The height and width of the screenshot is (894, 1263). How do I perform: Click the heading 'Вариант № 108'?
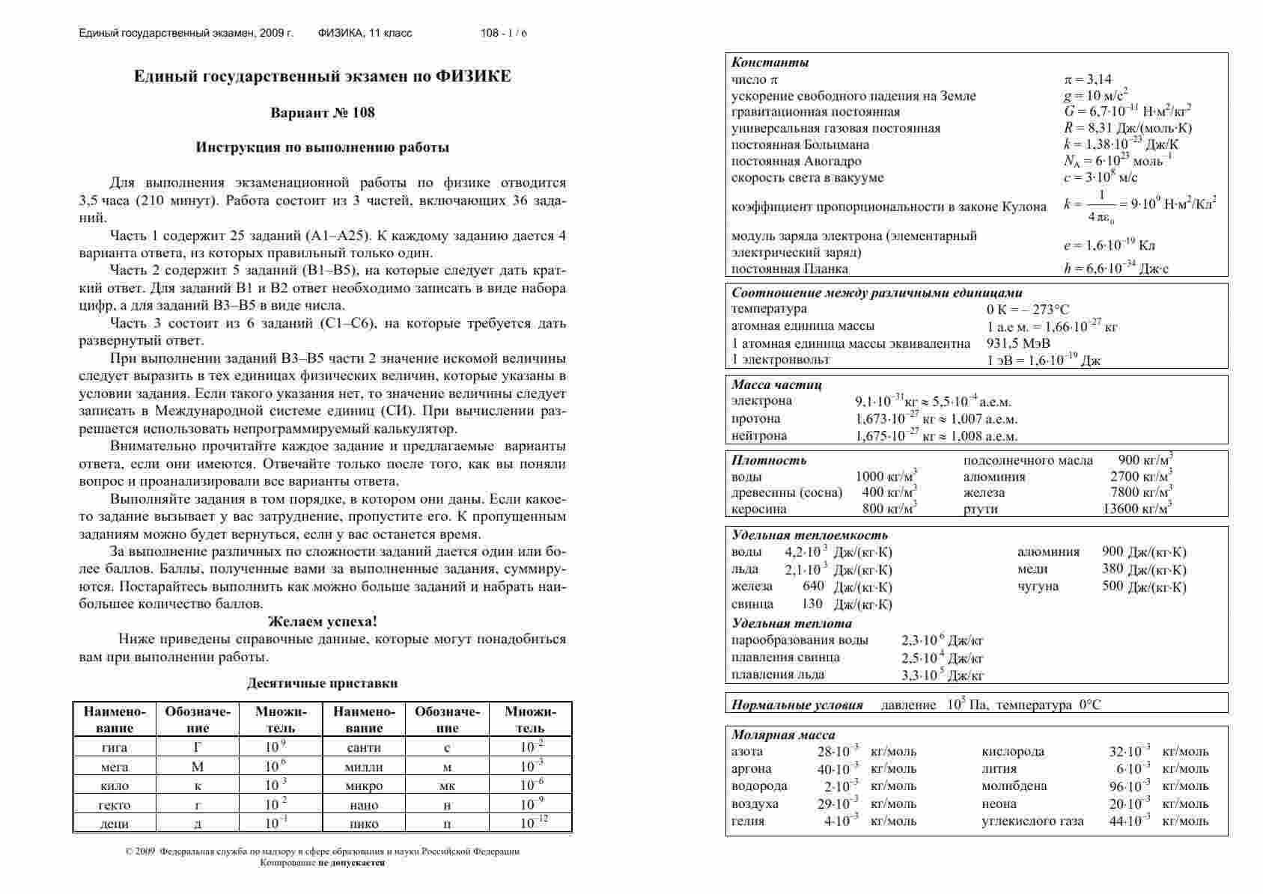322,113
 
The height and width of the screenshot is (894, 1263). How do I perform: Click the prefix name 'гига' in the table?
114,747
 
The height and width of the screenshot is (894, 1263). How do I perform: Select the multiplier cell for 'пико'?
534,823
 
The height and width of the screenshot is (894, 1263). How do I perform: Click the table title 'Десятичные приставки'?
322,683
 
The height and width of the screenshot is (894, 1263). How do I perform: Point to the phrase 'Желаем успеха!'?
323,622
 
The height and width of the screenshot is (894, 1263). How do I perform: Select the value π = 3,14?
1088,79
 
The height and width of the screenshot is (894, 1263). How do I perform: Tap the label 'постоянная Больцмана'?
800,144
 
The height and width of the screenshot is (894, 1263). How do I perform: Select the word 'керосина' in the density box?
758,509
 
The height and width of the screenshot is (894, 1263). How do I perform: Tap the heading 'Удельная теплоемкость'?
809,535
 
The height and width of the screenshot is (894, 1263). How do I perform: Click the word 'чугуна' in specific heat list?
1038,586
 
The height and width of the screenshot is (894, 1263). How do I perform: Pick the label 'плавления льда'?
778,674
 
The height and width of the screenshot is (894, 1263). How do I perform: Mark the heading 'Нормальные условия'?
797,705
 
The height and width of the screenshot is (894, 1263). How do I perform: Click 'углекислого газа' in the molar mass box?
1032,821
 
